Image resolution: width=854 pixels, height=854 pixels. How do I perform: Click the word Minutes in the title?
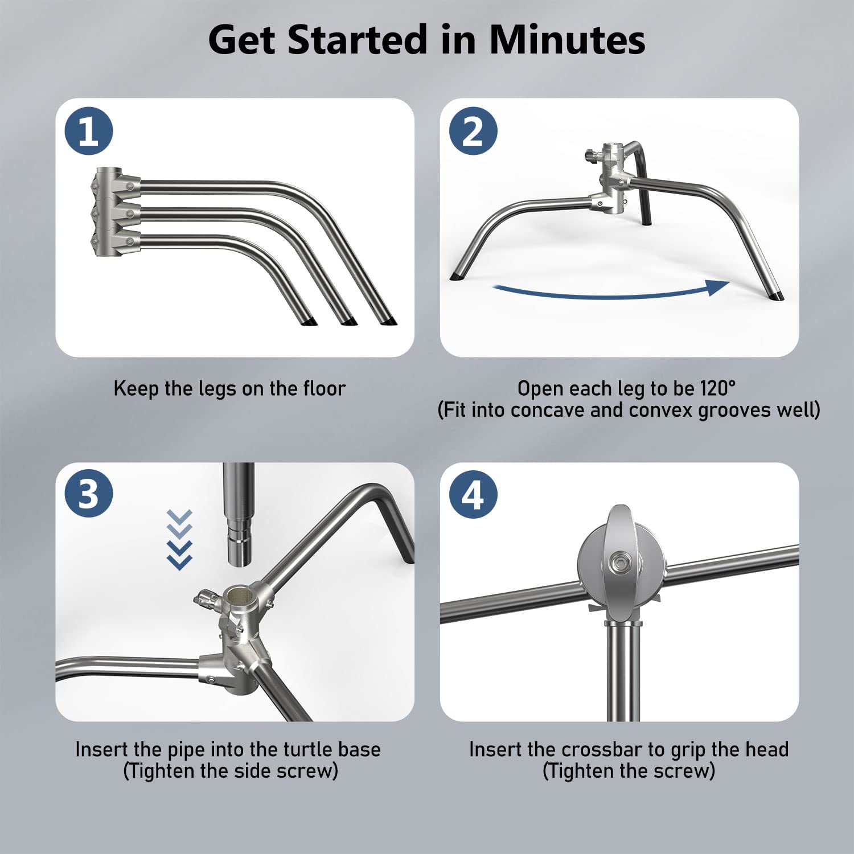[566, 40]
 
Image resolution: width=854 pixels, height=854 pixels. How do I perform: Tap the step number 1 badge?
[89, 131]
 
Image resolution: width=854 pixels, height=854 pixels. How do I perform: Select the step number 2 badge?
[473, 131]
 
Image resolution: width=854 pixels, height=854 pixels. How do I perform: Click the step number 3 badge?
[89, 493]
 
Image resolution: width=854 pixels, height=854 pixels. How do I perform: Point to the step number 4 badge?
[473, 494]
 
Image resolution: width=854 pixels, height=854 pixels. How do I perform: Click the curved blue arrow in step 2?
[609, 291]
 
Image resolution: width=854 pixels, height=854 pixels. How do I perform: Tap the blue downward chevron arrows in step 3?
[179, 540]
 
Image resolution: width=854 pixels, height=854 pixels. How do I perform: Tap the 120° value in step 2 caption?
[718, 389]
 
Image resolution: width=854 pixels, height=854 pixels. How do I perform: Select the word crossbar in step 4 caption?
[591, 750]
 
